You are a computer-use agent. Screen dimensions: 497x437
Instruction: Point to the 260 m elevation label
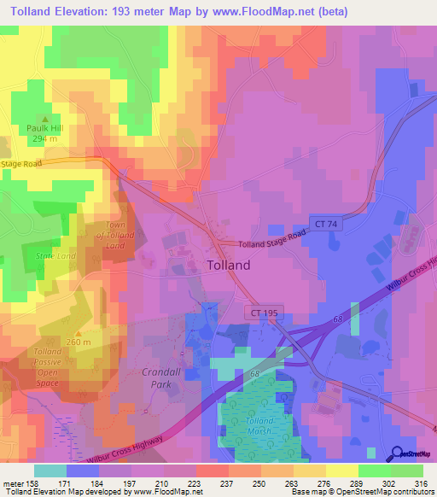[78, 342]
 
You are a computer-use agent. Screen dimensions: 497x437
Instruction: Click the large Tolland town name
[229, 265]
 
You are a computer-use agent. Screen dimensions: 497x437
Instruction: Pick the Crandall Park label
[156, 378]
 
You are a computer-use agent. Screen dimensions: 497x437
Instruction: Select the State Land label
[55, 255]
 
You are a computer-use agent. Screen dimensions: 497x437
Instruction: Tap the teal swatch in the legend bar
[50, 471]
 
